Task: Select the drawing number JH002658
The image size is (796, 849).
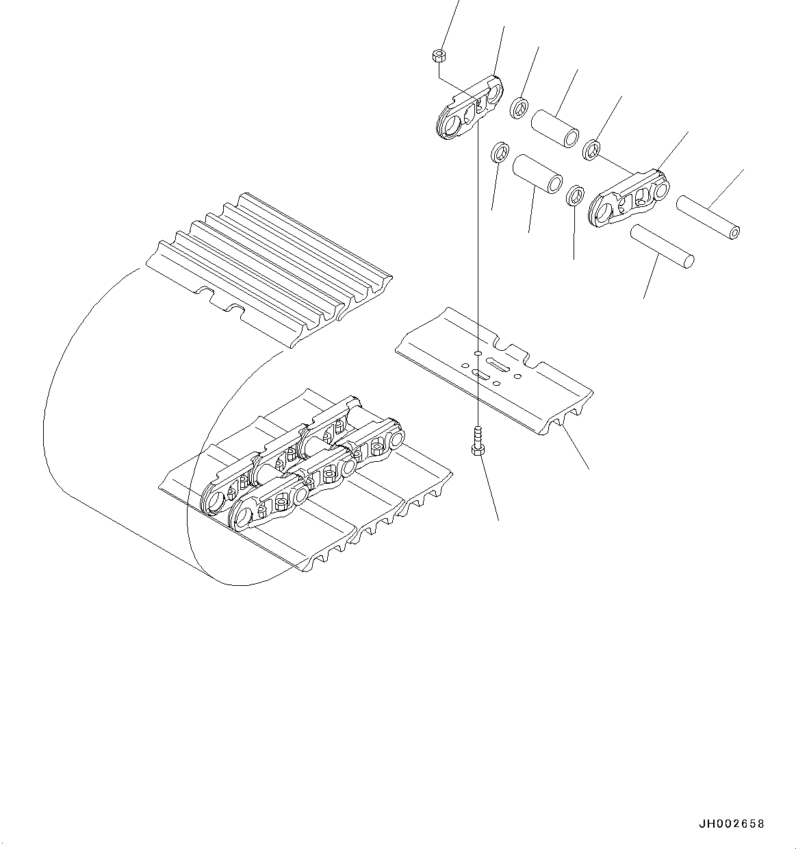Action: click(x=731, y=824)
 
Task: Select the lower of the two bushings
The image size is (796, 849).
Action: click(x=537, y=175)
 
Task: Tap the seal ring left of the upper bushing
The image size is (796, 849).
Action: click(x=519, y=107)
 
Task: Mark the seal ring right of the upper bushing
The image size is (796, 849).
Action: click(x=591, y=148)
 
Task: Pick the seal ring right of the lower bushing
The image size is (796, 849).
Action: click(x=576, y=196)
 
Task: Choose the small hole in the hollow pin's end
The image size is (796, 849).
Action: click(x=734, y=233)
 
